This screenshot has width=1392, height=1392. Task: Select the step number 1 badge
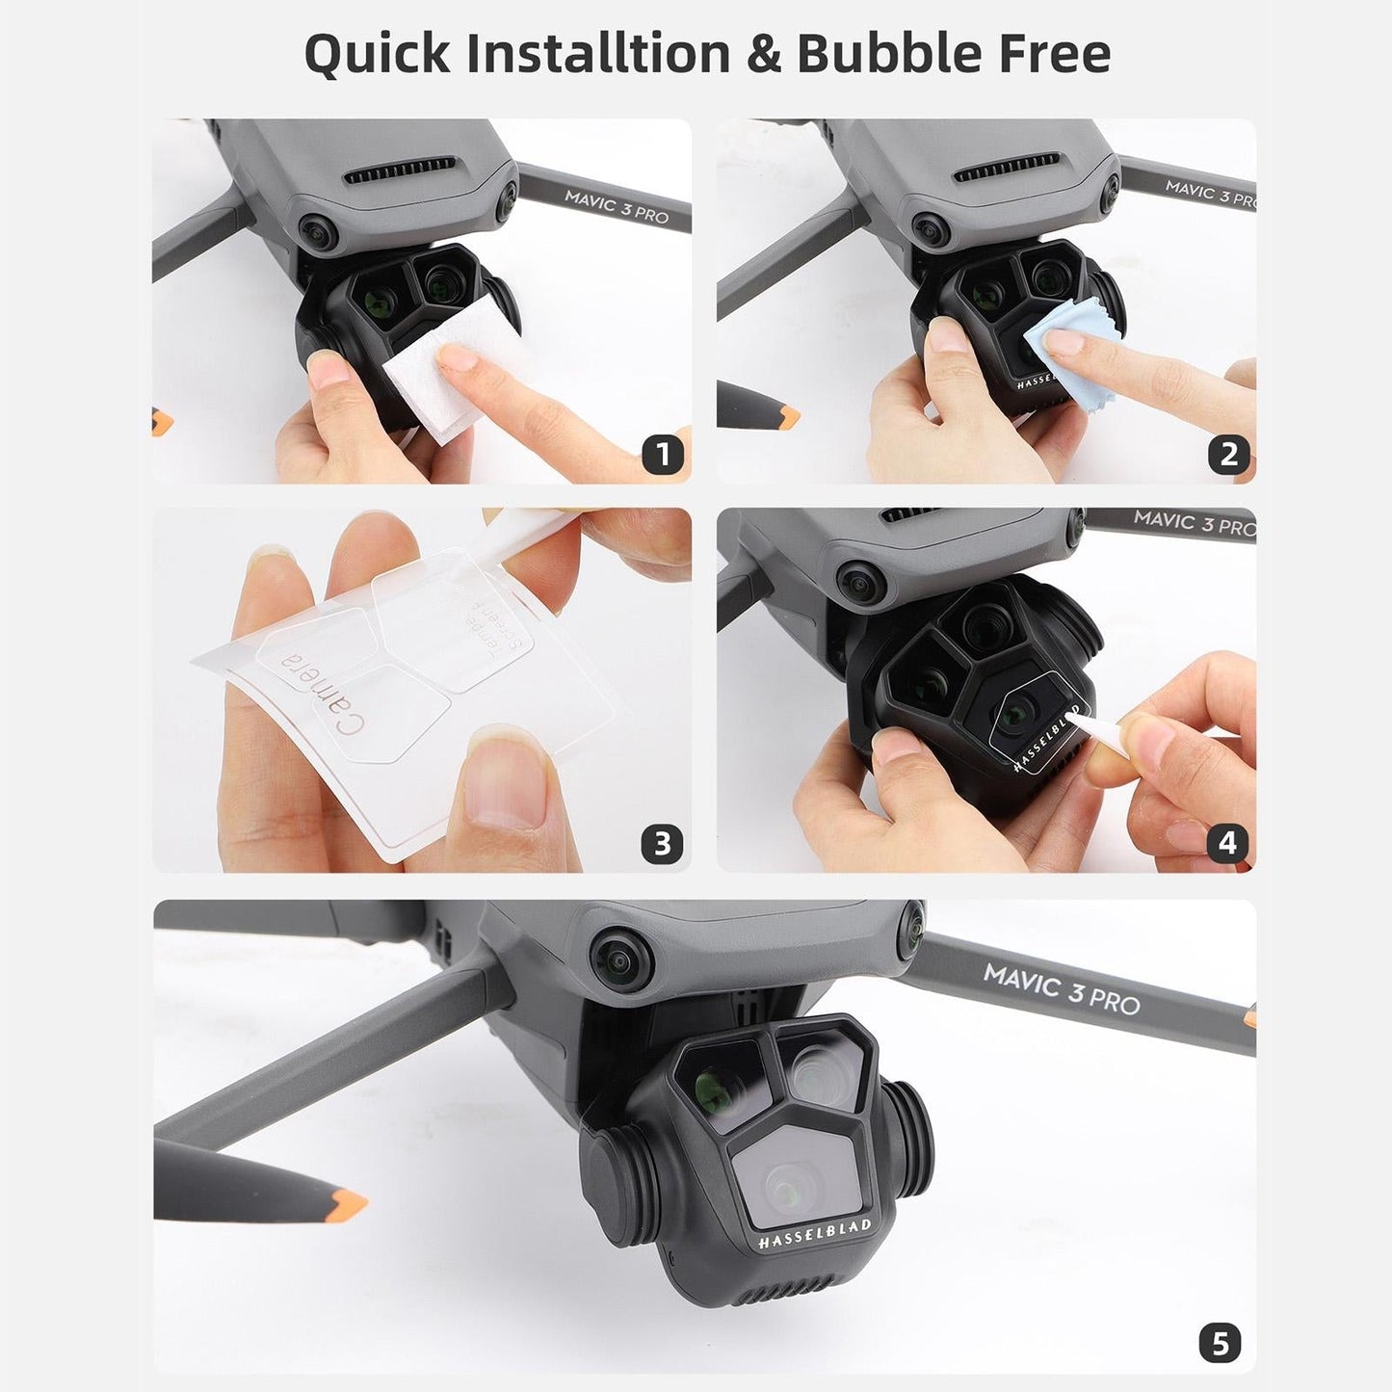click(x=662, y=454)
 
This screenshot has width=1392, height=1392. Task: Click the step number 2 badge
click(x=1227, y=454)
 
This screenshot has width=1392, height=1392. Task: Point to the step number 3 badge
click(x=662, y=844)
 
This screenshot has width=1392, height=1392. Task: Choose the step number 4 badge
click(x=1227, y=844)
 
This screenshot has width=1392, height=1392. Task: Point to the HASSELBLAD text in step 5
click(x=814, y=1235)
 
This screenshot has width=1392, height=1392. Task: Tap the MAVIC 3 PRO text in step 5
click(x=1061, y=990)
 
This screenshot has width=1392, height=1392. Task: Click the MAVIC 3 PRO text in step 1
click(x=617, y=206)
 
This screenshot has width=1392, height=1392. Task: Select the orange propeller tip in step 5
click(x=347, y=1201)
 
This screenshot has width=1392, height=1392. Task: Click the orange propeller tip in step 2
click(x=785, y=415)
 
